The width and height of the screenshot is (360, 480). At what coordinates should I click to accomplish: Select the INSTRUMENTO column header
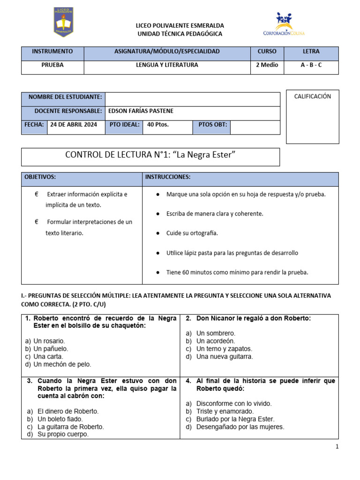(x=52, y=52)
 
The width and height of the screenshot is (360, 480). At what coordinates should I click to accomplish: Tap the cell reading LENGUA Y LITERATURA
(x=167, y=65)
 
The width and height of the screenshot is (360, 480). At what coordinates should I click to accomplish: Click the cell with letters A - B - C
(x=311, y=65)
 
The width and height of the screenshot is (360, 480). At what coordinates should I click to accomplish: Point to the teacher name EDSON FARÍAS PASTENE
(x=141, y=111)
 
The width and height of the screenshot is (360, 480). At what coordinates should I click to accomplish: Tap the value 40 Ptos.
(x=157, y=125)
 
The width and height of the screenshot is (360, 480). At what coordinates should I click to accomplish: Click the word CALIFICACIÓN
(x=312, y=97)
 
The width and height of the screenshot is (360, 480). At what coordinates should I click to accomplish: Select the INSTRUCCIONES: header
(x=168, y=177)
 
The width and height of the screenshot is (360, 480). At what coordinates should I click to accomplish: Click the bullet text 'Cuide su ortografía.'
(x=192, y=233)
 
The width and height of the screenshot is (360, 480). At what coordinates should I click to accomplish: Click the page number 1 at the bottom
(x=337, y=447)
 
